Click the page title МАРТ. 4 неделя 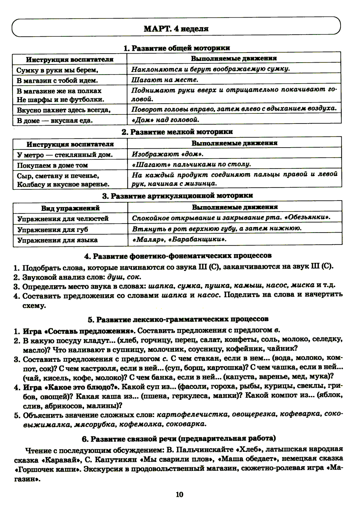click(x=176, y=28)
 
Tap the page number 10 click(x=180, y=494)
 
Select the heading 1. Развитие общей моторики click(x=176, y=48)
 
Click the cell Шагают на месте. click(x=165, y=80)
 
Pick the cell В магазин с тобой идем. click(x=57, y=80)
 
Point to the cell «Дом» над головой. click(x=165, y=120)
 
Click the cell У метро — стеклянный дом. click(x=65, y=155)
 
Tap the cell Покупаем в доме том click(x=53, y=165)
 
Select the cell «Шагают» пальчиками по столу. click(x=191, y=164)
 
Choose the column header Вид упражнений click(x=70, y=208)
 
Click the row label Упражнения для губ click(x=53, y=229)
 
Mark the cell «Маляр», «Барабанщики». click(x=179, y=239)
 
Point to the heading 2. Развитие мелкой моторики click(x=177, y=132)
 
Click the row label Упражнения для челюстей click(x=63, y=219)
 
